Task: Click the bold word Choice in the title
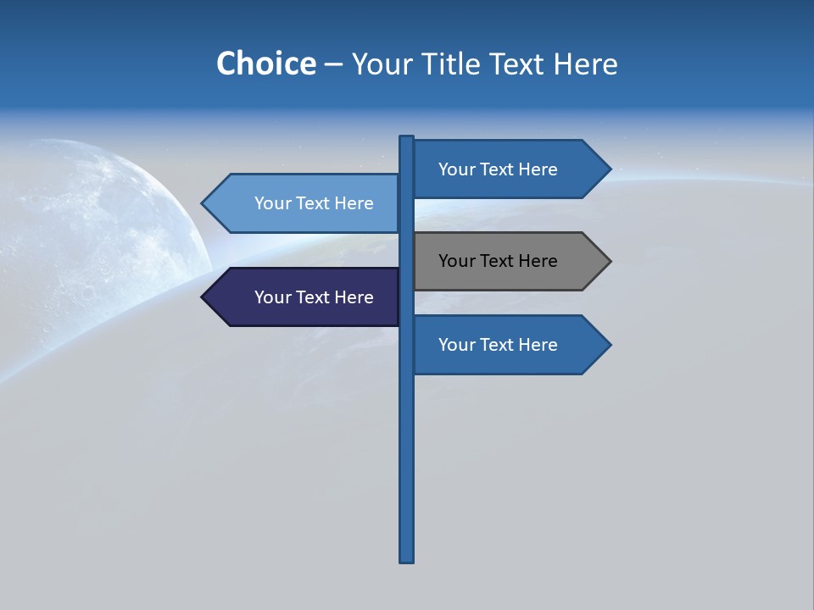click(x=265, y=64)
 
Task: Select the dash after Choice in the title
click(x=333, y=64)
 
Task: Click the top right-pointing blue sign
click(x=500, y=169)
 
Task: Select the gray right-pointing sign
click(x=500, y=261)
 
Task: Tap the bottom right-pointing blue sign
click(x=500, y=345)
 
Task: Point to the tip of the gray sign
click(x=609, y=261)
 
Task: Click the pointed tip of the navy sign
click(x=203, y=297)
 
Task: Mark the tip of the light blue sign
click(x=203, y=203)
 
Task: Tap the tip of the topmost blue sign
click(x=609, y=169)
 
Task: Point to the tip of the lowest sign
click(x=609, y=345)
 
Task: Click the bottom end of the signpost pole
click(x=407, y=559)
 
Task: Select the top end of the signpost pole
click(x=407, y=138)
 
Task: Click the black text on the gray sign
click(x=498, y=261)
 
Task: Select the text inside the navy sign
click(x=314, y=297)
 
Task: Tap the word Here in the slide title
click(x=585, y=64)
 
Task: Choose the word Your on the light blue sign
click(x=272, y=203)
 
